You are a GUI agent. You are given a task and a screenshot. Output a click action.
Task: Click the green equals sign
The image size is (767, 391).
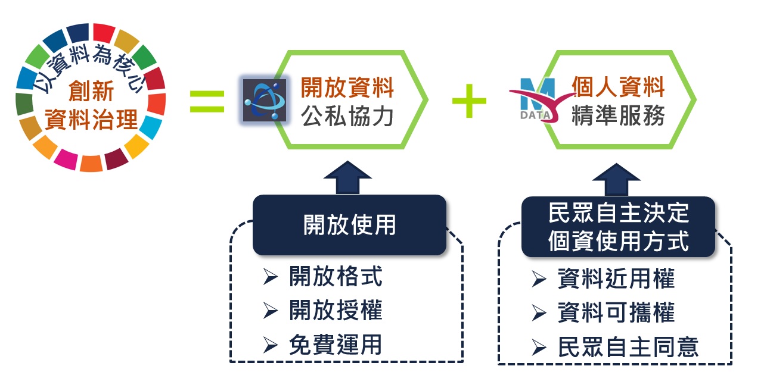point(207,101)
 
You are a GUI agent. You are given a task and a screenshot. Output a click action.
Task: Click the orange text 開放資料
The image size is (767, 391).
point(347,87)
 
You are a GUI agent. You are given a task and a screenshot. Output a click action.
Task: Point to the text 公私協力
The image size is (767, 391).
point(347,116)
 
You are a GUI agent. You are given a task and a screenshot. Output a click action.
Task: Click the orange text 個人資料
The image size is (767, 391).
point(618,87)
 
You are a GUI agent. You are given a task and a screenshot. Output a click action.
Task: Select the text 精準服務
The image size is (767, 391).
point(618,116)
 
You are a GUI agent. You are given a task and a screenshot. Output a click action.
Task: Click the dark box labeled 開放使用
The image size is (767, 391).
point(349,225)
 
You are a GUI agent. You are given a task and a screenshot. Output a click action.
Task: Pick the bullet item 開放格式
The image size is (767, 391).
point(335,277)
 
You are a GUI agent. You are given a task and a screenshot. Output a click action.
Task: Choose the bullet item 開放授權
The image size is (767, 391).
point(335,311)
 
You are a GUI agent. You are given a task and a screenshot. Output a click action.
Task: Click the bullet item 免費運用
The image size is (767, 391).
point(335,345)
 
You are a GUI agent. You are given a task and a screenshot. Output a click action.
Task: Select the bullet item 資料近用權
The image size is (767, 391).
point(616,279)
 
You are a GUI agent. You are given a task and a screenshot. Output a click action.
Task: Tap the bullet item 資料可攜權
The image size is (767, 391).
point(616,313)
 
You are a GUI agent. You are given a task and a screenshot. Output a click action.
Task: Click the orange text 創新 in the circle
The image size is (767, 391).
point(91,92)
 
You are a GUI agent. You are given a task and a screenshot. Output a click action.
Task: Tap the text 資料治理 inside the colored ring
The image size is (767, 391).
point(91,121)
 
